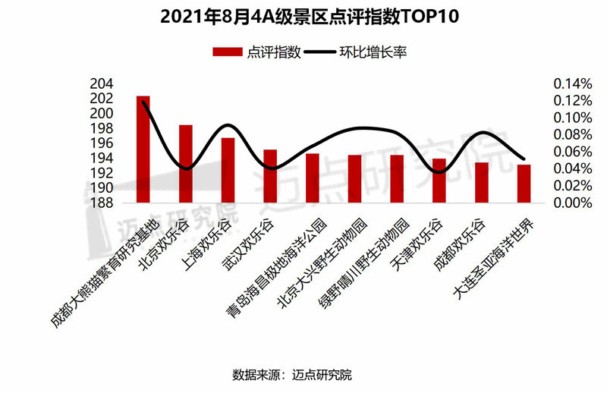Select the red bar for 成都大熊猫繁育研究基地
[143, 149]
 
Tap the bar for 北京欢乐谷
[186, 164]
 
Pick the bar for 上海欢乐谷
[228, 170]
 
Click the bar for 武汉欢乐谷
[270, 176]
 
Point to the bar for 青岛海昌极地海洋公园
[313, 178]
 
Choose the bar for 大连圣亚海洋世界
[524, 184]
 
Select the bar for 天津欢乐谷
[439, 181]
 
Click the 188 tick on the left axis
[102, 203]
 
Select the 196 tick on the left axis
[102, 143]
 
